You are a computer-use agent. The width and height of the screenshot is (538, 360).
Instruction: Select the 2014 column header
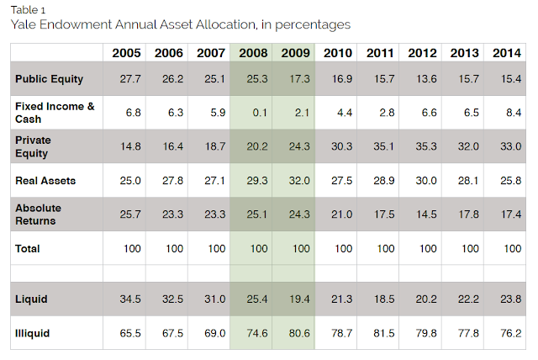click(506, 53)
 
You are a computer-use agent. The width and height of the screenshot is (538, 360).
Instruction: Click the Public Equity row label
click(50, 79)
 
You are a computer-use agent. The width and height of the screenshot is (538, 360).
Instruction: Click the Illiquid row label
click(33, 333)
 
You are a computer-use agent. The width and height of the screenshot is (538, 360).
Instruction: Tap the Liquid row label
click(31, 299)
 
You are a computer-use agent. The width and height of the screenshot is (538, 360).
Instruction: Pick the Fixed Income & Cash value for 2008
click(253, 113)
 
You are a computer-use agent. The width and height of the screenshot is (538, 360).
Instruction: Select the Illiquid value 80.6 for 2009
click(295, 333)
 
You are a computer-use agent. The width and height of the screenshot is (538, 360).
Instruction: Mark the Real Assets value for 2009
click(295, 181)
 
